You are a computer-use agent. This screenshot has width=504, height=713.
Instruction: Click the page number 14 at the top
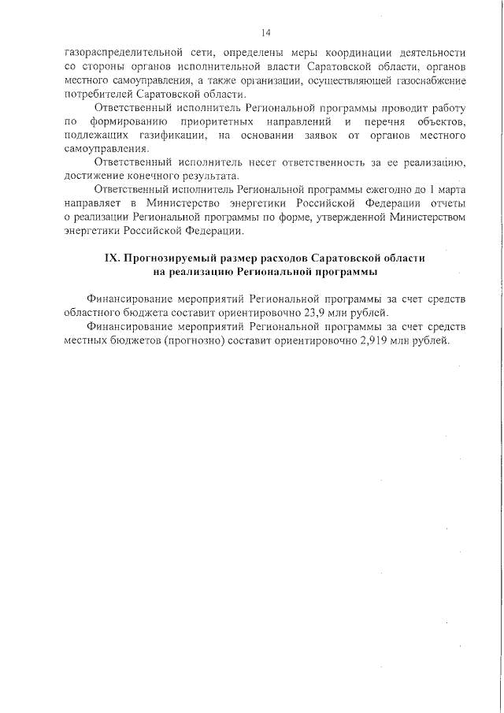[x=265, y=33]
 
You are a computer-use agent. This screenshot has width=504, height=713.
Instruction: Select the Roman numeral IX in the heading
[x=114, y=259]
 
